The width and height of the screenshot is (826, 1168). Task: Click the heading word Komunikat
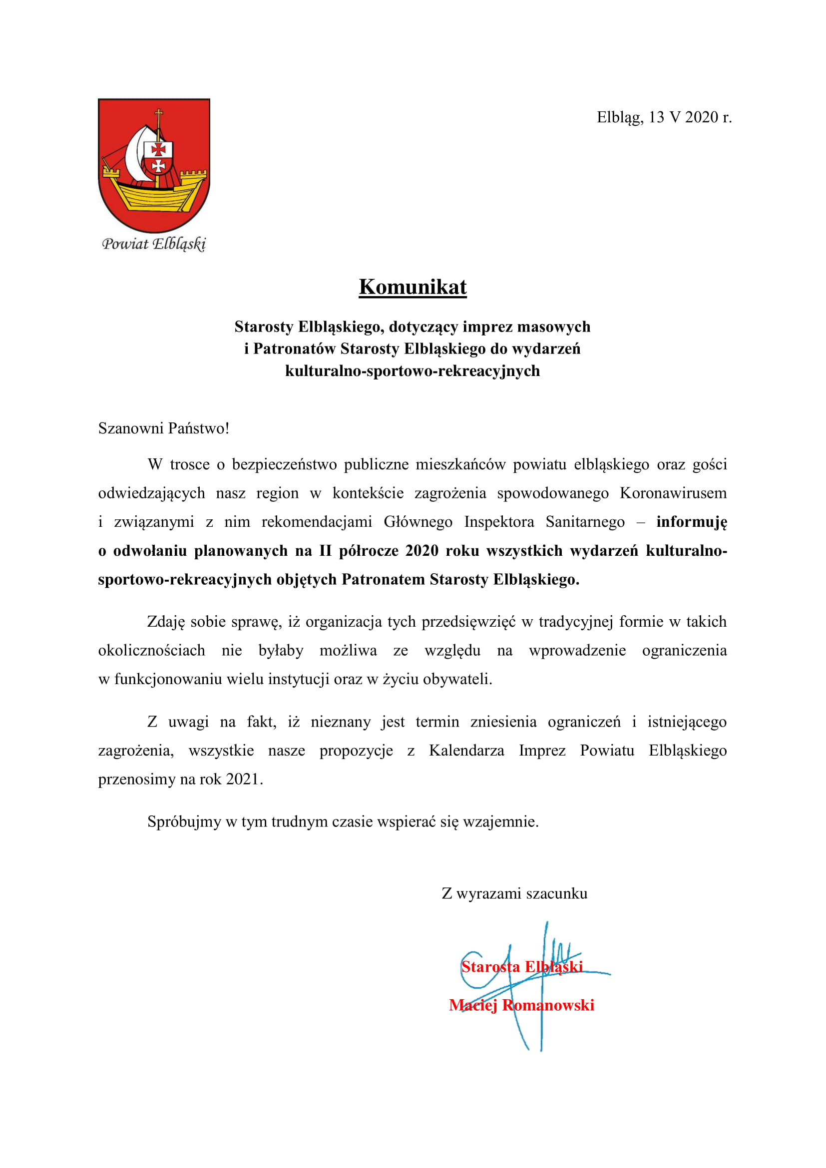pos(413,287)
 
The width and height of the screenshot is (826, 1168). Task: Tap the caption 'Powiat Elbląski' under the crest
pos(154,244)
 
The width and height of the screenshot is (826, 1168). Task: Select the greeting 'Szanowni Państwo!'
pos(163,428)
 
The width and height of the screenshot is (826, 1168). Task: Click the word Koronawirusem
pos(673,493)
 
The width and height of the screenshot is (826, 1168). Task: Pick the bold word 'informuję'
pos(691,522)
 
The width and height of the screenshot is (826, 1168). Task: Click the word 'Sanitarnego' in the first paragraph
pos(585,522)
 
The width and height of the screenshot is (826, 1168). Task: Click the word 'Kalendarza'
pos(466,751)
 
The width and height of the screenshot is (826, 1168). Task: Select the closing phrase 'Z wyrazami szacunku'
pos(514,894)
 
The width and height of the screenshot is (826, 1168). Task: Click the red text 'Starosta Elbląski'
pos(521,967)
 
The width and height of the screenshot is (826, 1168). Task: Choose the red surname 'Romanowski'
pos(548,1005)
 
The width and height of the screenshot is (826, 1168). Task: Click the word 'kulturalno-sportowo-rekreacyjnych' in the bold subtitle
pos(412,371)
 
